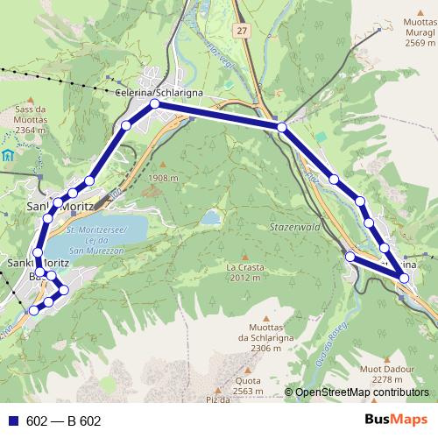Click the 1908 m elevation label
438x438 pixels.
pyautogui.click(x=164, y=178)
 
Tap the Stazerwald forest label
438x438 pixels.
pyautogui.click(x=290, y=226)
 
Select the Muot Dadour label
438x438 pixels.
pyautogui.click(x=404, y=373)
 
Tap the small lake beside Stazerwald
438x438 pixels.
pyautogui.click(x=210, y=216)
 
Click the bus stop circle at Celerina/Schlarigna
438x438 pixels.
pyautogui.click(x=154, y=104)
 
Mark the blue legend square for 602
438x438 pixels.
pyautogui.click(x=13, y=421)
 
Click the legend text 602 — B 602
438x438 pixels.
pyautogui.click(x=64, y=421)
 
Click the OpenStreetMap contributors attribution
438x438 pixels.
pyautogui.click(x=361, y=392)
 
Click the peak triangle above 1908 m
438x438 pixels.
pyautogui.click(x=163, y=163)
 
